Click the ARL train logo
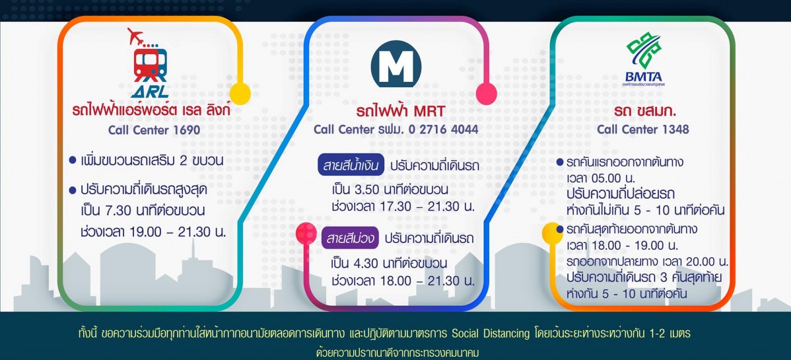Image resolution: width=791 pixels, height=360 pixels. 150,63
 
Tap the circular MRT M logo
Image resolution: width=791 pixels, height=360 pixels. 396,64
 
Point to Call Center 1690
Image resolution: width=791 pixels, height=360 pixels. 154,130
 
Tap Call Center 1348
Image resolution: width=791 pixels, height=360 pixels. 642,129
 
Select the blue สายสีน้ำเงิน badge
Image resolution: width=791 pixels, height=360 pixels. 351,166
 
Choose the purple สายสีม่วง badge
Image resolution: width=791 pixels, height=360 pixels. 350,237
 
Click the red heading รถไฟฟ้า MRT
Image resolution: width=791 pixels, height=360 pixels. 396,112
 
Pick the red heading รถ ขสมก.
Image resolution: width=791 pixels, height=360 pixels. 643,112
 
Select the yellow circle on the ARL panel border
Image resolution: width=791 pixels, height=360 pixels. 240,94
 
